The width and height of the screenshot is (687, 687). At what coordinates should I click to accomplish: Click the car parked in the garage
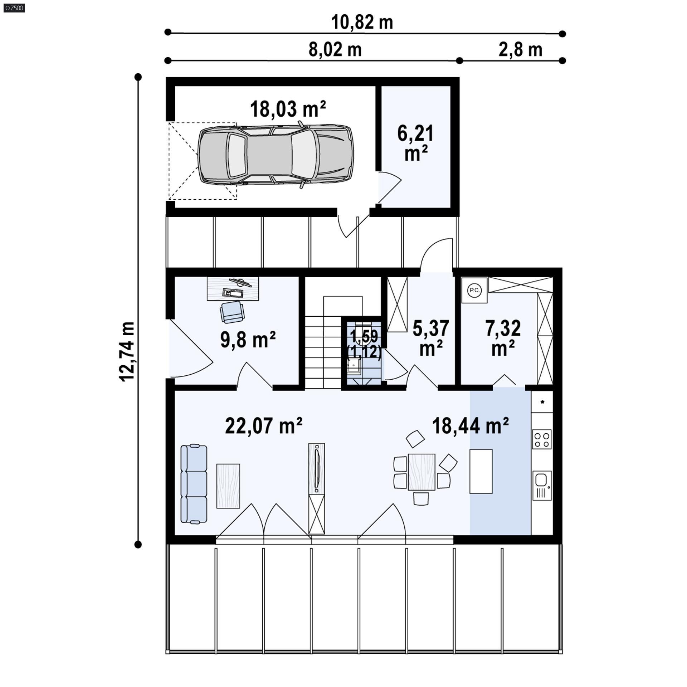coord(276,155)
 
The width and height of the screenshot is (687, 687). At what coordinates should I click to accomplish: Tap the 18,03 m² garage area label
coord(288,109)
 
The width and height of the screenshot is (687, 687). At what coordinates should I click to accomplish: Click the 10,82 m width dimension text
coord(362,22)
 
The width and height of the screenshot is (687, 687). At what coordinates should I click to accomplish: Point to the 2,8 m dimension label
coord(520,50)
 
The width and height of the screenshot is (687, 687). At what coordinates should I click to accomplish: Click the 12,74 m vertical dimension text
coord(128,352)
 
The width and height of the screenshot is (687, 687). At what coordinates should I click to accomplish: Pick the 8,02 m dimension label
coord(335,50)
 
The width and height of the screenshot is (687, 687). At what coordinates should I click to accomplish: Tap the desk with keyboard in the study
coord(233,288)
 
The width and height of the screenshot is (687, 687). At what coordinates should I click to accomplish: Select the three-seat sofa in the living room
coord(194,484)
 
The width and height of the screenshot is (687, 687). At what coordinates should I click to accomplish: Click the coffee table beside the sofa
coord(228,486)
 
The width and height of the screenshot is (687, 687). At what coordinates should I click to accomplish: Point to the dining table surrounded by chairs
coord(422,472)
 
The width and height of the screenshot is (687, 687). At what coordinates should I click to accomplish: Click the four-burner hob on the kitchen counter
coord(542,439)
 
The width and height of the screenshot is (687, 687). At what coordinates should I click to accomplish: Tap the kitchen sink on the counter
coord(542,485)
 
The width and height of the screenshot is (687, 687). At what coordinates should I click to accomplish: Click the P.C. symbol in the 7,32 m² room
coord(474,290)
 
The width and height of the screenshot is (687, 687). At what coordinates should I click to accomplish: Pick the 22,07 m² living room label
coord(264,426)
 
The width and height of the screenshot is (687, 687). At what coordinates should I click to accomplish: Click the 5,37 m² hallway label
coord(431,338)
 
